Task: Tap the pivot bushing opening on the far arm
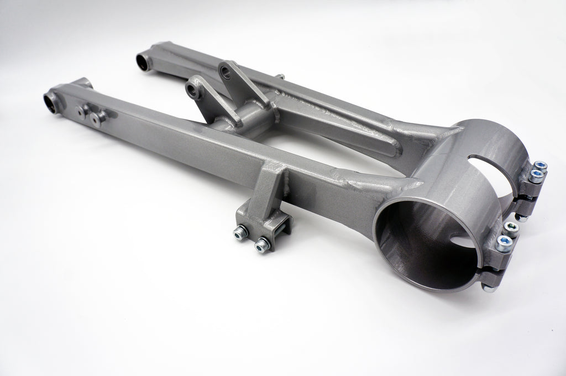[x=143, y=62]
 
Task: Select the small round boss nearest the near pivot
[x=81, y=113]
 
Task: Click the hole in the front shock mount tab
[x=193, y=90]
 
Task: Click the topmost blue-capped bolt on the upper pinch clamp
[x=540, y=165]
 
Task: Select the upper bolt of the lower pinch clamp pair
[x=512, y=227]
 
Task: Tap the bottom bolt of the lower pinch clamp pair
[x=503, y=243]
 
